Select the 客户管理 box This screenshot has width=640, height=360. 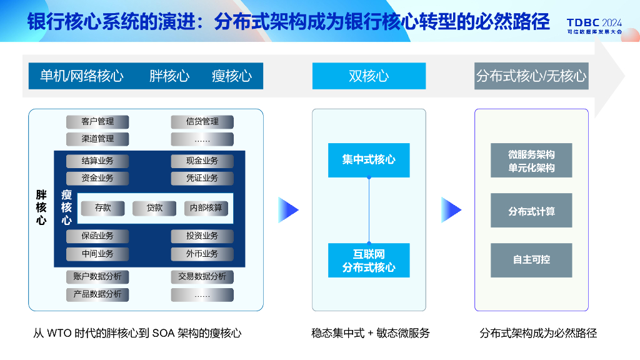coord(97,121)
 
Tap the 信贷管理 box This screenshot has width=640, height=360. coord(202,121)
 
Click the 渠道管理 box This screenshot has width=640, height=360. coord(97,139)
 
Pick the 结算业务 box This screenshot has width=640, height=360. coord(97,161)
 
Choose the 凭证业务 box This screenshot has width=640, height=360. coord(202,178)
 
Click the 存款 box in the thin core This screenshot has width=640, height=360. coord(103,208)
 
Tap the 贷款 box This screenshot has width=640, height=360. coord(154,208)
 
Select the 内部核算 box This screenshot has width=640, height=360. coord(206,208)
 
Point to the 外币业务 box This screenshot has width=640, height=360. coord(202,254)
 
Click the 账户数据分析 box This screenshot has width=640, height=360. coord(97,276)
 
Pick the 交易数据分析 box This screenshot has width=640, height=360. coord(202,276)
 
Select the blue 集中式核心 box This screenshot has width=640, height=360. coord(369,160)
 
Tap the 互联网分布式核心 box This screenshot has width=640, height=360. coord(369,261)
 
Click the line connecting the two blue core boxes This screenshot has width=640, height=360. coord(369,210)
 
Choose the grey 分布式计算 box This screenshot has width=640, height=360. coord(531,211)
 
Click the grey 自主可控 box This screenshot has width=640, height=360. coord(531,260)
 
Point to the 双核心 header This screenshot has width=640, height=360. coord(369,76)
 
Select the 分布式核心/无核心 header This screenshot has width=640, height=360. coord(531,76)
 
